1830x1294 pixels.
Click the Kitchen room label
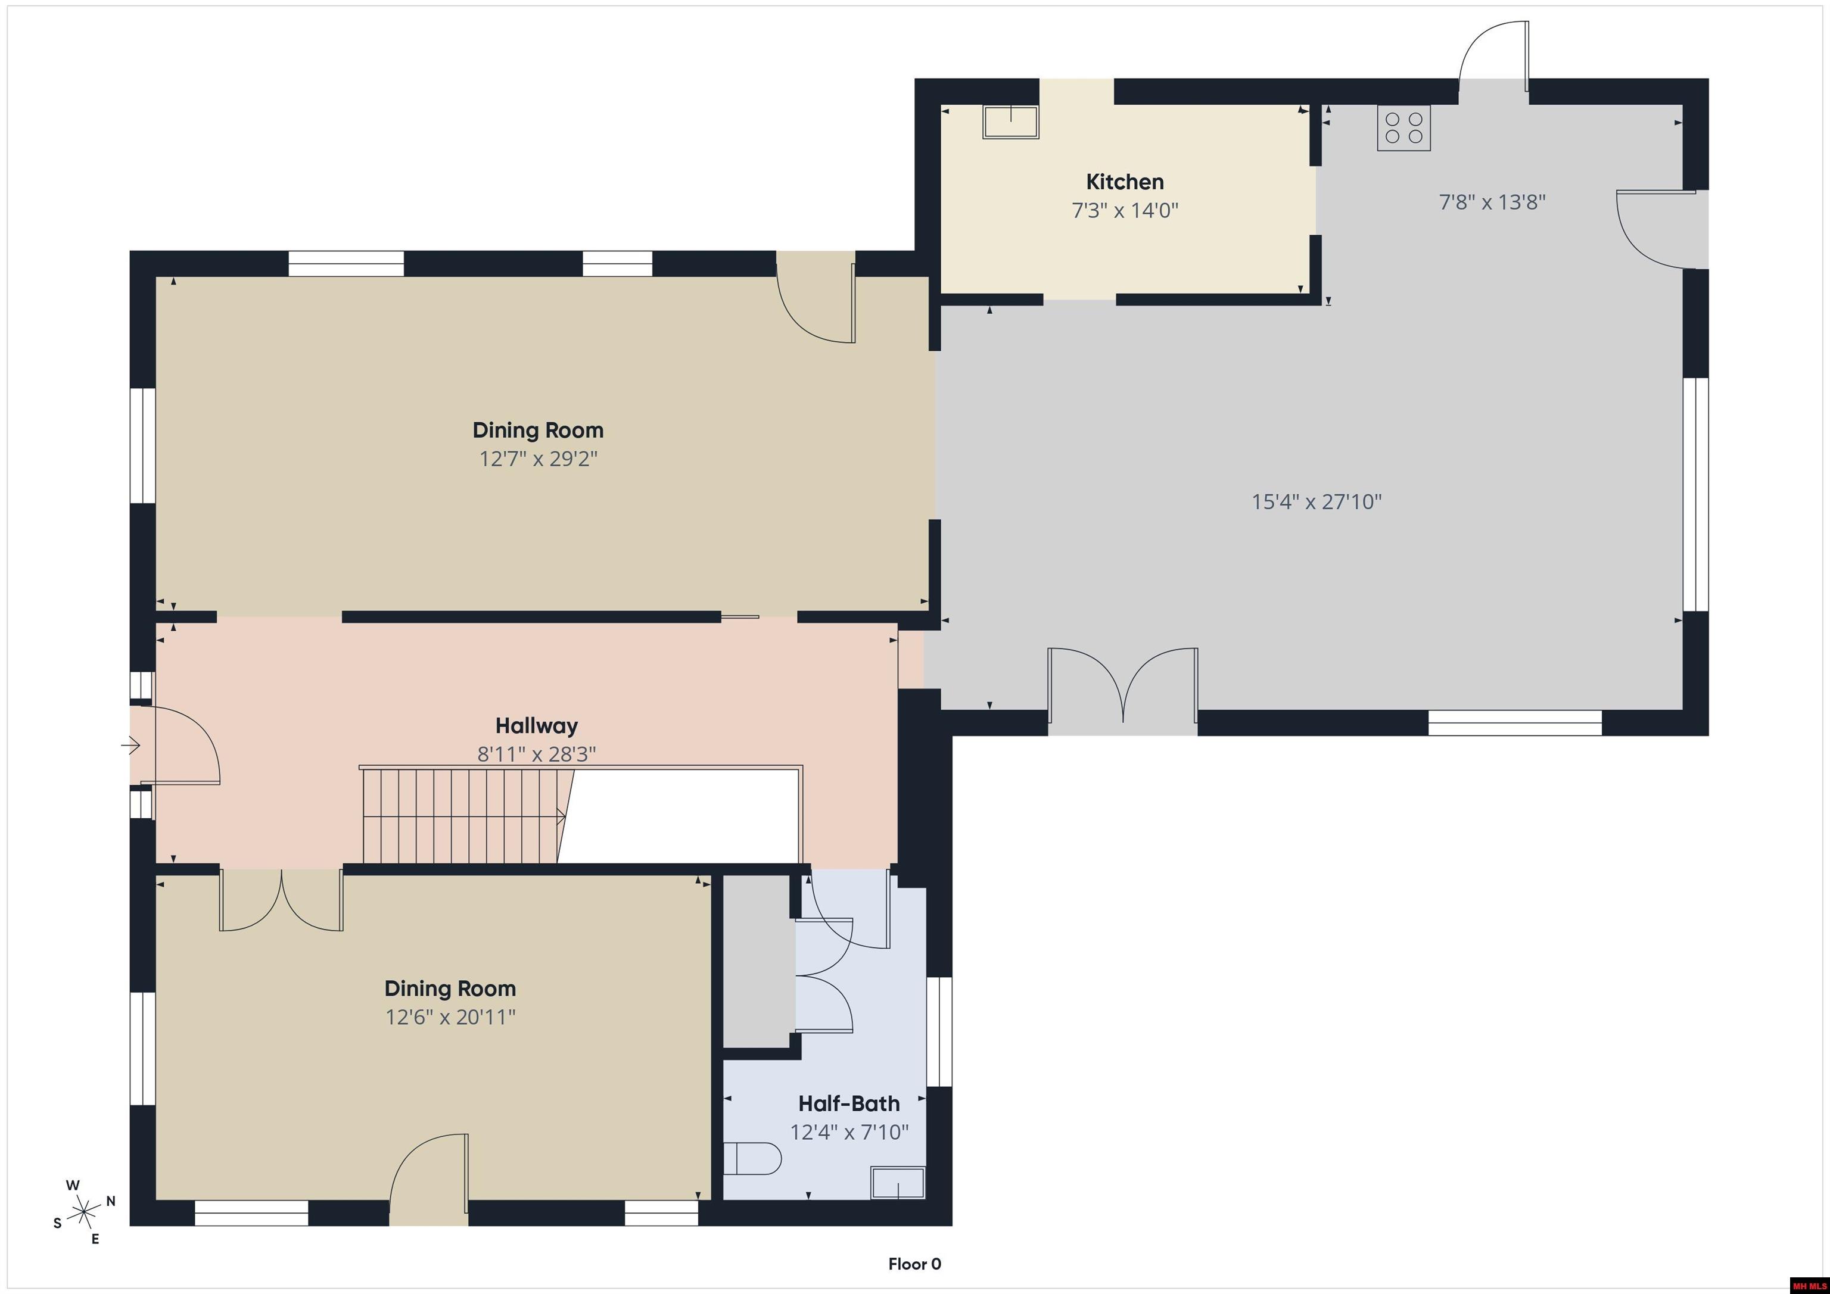[1125, 182]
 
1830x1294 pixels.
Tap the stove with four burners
[1403, 127]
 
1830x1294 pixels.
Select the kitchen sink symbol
[1011, 123]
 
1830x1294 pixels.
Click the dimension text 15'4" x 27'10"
[1316, 501]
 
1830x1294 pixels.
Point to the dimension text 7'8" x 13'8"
[1492, 202]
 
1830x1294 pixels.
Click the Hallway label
[536, 725]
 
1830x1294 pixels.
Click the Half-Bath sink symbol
[898, 1183]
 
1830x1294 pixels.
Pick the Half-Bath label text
[849, 1103]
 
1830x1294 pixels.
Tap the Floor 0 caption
[914, 1264]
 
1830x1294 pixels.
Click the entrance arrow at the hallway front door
[130, 746]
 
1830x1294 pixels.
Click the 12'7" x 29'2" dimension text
[538, 459]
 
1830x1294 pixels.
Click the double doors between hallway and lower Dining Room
[281, 900]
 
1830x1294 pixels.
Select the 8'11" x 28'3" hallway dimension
[536, 754]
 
